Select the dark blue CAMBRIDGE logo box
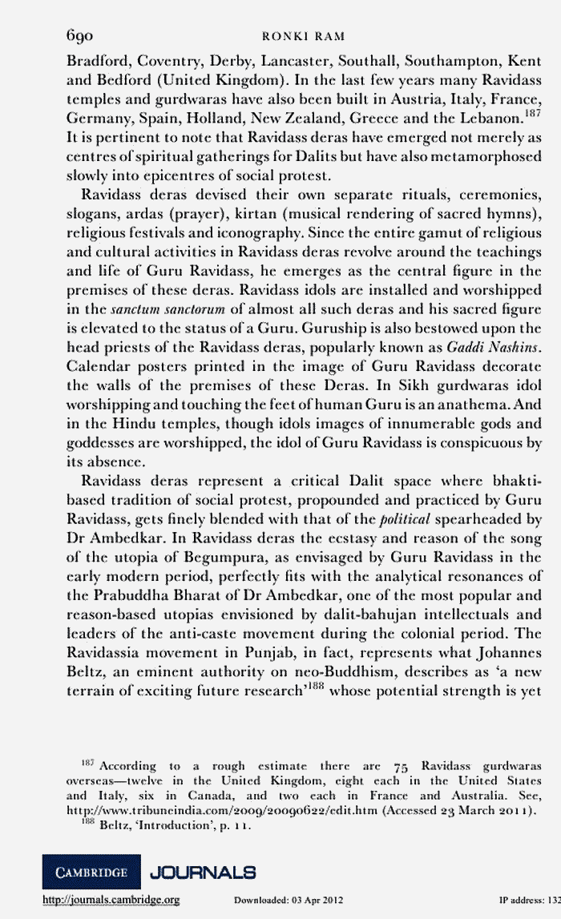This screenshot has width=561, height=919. (x=90, y=872)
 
